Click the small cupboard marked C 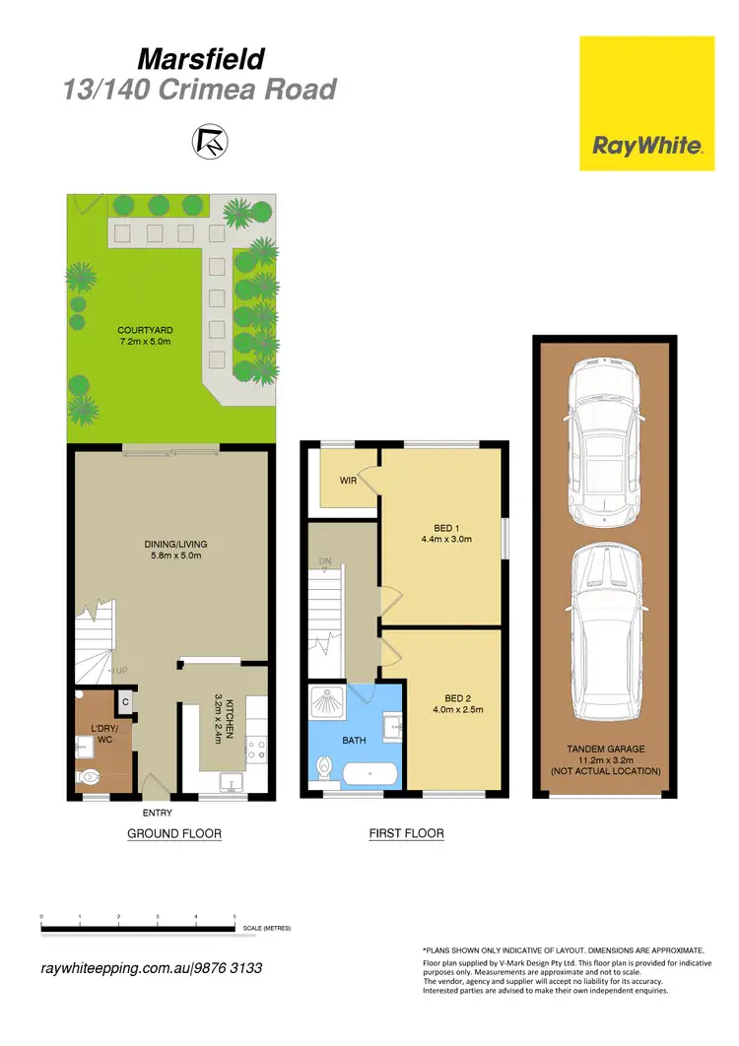click(x=125, y=701)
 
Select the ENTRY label click(x=157, y=813)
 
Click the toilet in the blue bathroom click(x=324, y=767)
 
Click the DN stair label click(x=323, y=562)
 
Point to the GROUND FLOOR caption click(x=174, y=834)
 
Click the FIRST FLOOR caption click(x=406, y=834)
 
